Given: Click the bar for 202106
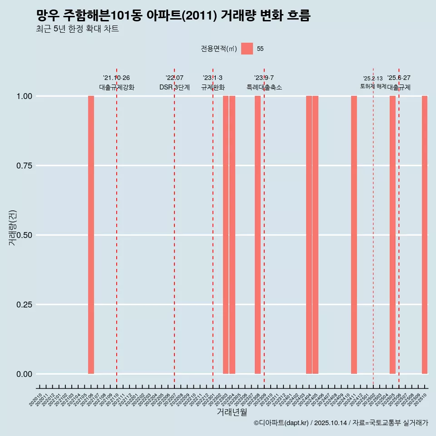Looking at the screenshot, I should click(91, 235).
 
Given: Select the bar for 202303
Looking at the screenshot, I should click(226, 235).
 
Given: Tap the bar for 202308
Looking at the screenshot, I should click(258, 235).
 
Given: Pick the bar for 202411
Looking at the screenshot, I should click(354, 235).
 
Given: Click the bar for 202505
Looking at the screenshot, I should click(392, 235).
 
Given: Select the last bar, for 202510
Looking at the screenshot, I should click(425, 235).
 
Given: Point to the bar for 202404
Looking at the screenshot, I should click(309, 235).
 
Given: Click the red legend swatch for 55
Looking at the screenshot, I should click(247, 49).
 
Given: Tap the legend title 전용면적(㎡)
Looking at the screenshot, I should click(219, 49).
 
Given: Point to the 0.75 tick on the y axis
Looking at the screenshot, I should click(24, 166).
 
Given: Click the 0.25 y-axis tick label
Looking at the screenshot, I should click(24, 305).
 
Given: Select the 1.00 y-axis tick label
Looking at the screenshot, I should click(24, 96).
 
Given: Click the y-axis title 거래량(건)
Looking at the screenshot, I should click(13, 228).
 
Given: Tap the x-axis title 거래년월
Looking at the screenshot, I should click(232, 412).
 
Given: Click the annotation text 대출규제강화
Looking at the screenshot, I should click(117, 87).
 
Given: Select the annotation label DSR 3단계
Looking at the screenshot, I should click(174, 87).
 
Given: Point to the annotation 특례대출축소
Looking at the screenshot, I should click(264, 87).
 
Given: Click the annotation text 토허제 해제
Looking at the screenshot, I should click(373, 86).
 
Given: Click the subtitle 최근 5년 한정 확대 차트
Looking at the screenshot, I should click(77, 29).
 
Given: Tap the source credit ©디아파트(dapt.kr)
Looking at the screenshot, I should click(281, 423).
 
